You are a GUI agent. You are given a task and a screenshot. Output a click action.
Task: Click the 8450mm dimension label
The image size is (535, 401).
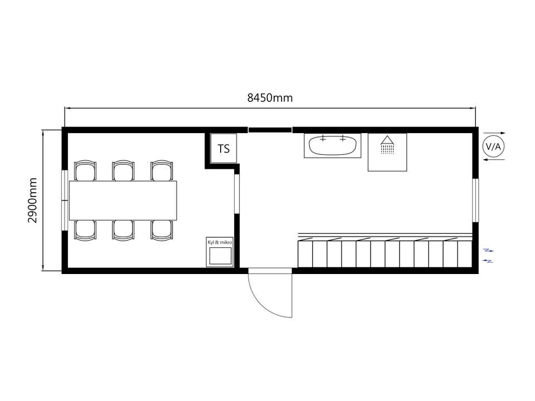[270, 98]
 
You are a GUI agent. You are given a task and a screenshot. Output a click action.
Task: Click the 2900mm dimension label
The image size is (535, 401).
[32, 200]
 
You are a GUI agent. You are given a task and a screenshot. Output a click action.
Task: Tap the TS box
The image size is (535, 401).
[223, 149]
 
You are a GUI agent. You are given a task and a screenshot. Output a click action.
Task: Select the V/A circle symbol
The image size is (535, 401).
[494, 146]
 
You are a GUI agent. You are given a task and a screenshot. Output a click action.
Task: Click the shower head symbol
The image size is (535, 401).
[387, 144]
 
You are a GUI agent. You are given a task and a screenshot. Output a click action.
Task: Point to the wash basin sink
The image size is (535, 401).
[333, 145]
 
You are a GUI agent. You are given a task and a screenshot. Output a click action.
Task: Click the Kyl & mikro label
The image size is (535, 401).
[220, 242]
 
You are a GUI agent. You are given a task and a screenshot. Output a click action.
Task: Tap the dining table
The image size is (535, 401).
[123, 200]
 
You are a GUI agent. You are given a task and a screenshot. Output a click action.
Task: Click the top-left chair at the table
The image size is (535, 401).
[85, 170]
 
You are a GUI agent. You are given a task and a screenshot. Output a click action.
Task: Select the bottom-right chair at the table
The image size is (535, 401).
[162, 231]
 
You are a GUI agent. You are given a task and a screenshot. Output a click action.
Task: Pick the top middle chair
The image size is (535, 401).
[123, 170]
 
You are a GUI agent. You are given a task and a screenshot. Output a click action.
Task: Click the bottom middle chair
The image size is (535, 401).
[123, 231]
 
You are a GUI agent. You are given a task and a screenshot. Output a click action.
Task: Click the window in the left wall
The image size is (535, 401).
[65, 200]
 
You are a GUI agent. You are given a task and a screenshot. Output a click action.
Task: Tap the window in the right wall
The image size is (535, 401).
[475, 200]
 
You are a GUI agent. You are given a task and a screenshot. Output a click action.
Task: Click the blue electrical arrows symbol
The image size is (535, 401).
[488, 256]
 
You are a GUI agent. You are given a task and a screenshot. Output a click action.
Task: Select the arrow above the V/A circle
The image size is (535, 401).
[495, 133]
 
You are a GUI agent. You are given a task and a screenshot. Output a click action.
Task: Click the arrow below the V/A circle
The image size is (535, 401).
[494, 160]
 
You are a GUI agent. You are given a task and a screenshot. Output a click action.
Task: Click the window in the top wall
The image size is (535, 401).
[270, 130]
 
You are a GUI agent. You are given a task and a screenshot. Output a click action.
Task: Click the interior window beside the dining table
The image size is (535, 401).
[237, 194]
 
